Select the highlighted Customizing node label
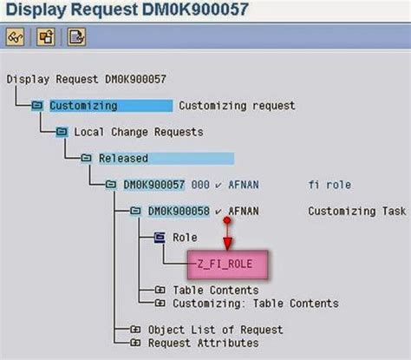pyautogui.click(x=83, y=106)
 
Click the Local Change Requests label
pyautogui.click(x=139, y=132)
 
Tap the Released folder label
pyautogui.click(x=123, y=159)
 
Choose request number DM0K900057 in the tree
pyautogui.click(x=154, y=185)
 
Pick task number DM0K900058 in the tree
pyautogui.click(x=179, y=211)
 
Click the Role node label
pyautogui.click(x=185, y=237)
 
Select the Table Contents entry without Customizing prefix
pyautogui.click(x=215, y=290)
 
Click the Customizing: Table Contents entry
pyautogui.click(x=255, y=303)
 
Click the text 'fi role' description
pyautogui.click(x=329, y=185)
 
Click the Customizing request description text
pyautogui.click(x=237, y=106)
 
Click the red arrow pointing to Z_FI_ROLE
pyautogui.click(x=227, y=232)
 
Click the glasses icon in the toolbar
pyautogui.click(x=16, y=36)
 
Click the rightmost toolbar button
pyautogui.click(x=76, y=36)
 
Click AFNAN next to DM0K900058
pyautogui.click(x=244, y=211)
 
